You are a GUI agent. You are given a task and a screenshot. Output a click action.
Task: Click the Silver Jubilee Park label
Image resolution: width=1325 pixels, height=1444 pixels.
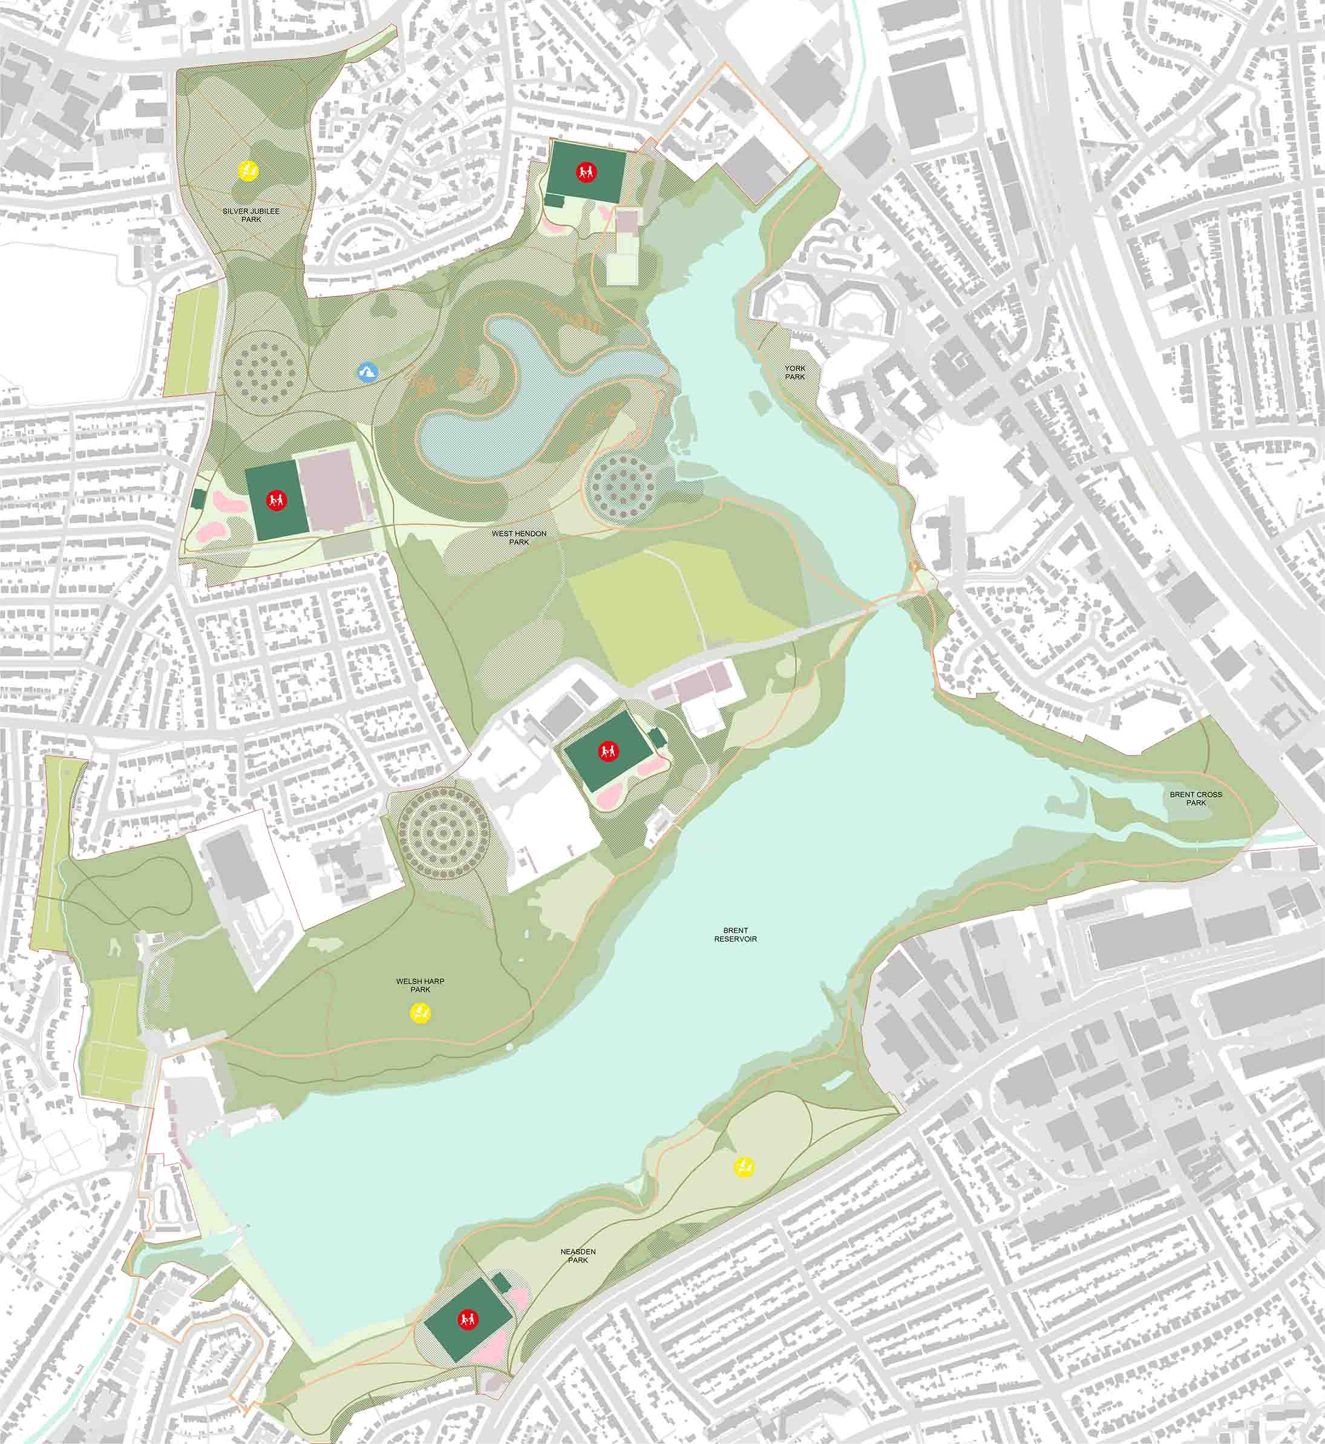click(251, 214)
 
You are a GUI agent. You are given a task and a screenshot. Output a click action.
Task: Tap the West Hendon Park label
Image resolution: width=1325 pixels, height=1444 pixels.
click(519, 538)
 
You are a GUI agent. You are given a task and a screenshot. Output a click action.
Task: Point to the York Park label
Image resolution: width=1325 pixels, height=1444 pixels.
click(794, 372)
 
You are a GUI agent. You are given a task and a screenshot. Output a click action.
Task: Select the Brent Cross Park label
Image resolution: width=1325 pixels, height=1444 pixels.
click(1196, 799)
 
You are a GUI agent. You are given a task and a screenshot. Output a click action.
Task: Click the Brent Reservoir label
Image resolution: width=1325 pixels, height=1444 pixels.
click(735, 935)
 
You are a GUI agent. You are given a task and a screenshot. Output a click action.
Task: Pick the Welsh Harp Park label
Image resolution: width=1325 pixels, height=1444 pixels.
click(420, 985)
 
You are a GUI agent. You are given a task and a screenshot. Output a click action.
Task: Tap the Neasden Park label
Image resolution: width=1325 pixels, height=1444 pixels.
click(578, 1255)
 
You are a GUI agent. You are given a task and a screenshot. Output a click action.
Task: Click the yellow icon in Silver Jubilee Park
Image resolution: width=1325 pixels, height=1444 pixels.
click(249, 170)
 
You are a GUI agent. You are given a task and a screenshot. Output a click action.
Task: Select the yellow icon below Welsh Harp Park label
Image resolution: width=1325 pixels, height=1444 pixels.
click(419, 1012)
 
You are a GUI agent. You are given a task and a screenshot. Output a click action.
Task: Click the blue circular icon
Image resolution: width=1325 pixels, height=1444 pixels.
click(368, 372)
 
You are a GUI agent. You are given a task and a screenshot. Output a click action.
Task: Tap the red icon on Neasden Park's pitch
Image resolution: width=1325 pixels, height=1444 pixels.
click(468, 1319)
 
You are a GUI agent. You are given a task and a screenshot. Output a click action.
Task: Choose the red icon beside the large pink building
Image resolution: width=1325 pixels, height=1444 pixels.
click(275, 500)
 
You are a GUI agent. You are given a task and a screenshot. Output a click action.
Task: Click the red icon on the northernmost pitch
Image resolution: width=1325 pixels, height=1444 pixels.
click(586, 171)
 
